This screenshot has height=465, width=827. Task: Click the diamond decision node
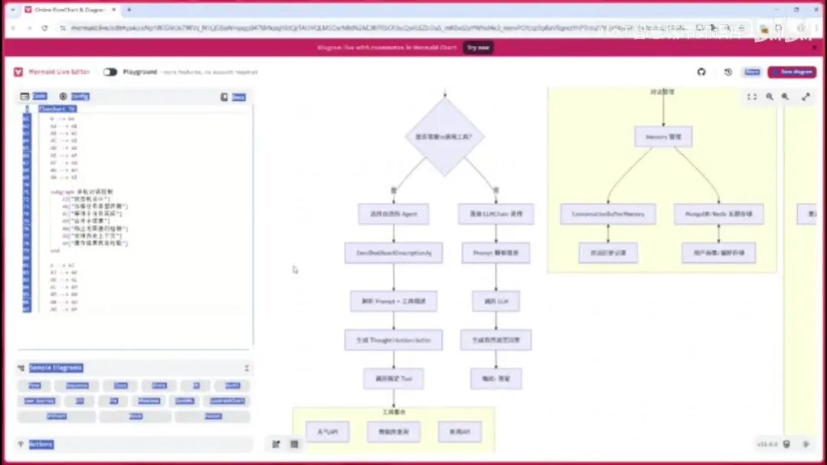point(444,137)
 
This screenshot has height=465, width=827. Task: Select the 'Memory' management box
point(663,137)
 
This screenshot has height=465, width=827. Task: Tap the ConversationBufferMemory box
point(608,214)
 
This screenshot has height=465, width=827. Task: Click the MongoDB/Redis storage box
point(718,214)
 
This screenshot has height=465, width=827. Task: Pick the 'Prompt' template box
point(495,253)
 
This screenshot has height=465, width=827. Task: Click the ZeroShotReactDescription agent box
point(394,253)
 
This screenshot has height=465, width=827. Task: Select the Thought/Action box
point(394,340)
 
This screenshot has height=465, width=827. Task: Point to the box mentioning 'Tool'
point(394,379)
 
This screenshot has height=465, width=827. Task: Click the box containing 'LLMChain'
point(495,214)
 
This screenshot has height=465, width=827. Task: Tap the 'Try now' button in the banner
point(478,47)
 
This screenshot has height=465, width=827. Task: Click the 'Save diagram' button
point(792,72)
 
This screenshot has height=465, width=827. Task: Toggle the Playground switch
point(110,72)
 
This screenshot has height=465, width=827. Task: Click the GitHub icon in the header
point(701,72)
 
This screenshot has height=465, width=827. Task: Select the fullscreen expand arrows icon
point(806,97)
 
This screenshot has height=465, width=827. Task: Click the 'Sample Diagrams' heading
point(55,368)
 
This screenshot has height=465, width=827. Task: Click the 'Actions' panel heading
point(41,444)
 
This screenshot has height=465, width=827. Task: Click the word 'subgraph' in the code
point(62,191)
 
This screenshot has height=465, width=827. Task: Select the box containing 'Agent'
point(394,214)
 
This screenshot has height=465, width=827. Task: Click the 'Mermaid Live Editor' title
point(59,72)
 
